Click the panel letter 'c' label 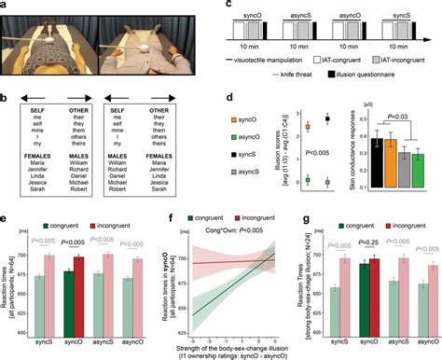pos(227,5)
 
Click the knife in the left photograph pos(51,39)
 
